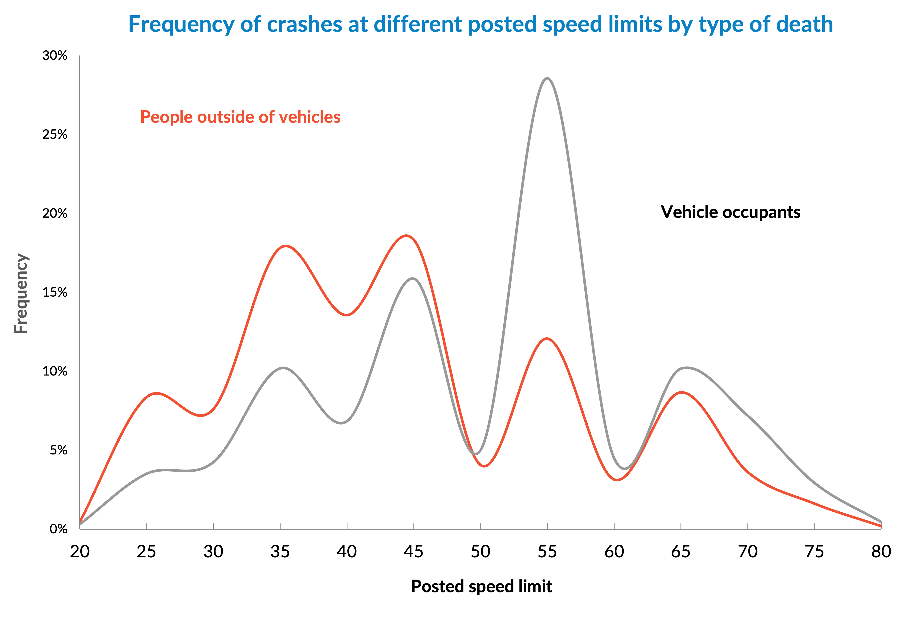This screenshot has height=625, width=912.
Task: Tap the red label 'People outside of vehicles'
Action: point(240,117)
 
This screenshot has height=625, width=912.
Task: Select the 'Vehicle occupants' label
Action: point(730,212)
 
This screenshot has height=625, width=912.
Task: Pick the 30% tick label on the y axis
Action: point(55,56)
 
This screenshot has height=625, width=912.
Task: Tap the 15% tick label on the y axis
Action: point(55,293)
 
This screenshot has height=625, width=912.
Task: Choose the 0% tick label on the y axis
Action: point(58,529)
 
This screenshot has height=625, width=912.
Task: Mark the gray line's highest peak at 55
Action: point(547,78)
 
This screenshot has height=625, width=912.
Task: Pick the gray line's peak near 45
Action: point(413,278)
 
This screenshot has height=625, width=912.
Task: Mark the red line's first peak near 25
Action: point(156,393)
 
